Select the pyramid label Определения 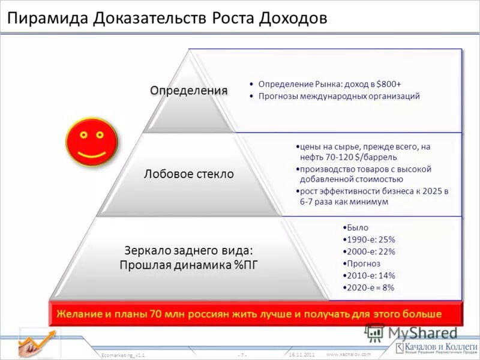click(x=188, y=91)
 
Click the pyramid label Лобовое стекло click(x=188, y=174)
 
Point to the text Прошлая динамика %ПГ click(x=188, y=265)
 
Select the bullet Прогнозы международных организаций click(x=339, y=96)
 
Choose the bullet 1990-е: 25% click(x=371, y=239)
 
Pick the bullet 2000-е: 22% click(x=371, y=251)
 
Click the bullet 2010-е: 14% click(x=371, y=275)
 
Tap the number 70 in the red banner click(x=157, y=313)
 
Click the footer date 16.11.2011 click(x=302, y=355)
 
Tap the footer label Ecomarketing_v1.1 click(x=123, y=355)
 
